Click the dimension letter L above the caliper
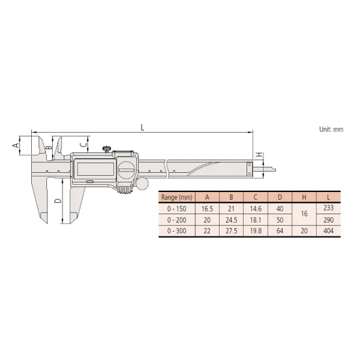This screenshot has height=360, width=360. (x=142, y=127)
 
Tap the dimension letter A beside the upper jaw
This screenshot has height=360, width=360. (x=16, y=145)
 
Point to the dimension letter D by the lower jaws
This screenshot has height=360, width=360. (x=58, y=200)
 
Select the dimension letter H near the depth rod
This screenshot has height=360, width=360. (x=259, y=155)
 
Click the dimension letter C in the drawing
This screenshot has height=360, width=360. (x=83, y=145)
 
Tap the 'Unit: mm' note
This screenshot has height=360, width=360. (x=331, y=129)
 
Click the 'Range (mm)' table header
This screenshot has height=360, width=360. (x=177, y=197)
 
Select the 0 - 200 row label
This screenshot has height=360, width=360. (x=177, y=220)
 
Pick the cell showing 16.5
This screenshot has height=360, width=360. (x=207, y=209)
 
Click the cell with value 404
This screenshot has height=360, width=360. (x=328, y=231)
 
